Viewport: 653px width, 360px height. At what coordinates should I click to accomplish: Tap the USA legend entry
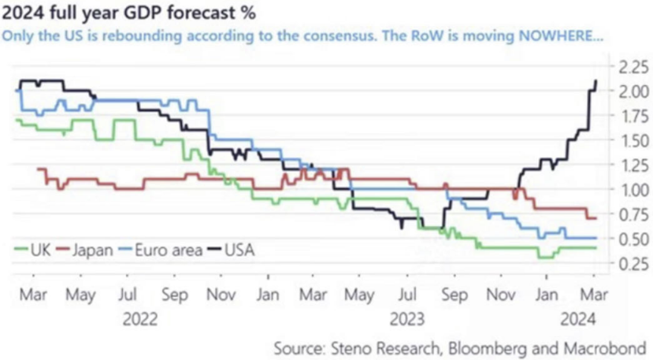pyautogui.click(x=239, y=250)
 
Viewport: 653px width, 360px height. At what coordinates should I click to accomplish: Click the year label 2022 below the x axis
pyautogui.click(x=140, y=318)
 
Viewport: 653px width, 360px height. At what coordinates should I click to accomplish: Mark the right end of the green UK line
pyautogui.click(x=596, y=247)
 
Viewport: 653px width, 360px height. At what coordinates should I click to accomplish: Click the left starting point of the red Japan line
pyautogui.click(x=37, y=169)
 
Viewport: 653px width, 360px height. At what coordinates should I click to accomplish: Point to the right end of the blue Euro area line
pyautogui.click(x=596, y=238)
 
